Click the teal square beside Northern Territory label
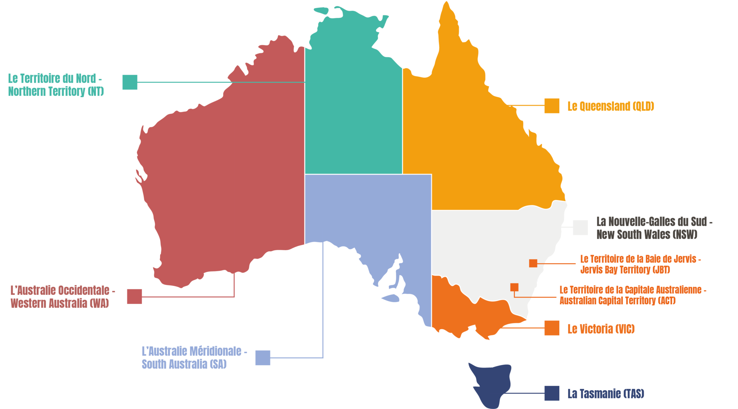(130, 82)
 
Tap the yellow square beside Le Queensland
(552, 106)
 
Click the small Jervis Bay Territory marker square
(533, 263)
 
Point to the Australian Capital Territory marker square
(514, 287)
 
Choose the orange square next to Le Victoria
(552, 328)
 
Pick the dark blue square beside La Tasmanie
(552, 393)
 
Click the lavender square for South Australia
(263, 358)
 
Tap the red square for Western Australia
(134, 296)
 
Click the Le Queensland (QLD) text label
(610, 106)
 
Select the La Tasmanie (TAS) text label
(605, 394)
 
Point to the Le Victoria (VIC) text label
(601, 329)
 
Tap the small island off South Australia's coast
(391, 298)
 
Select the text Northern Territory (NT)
(56, 91)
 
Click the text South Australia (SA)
(184, 364)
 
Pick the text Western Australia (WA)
(59, 303)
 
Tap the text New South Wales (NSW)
(646, 234)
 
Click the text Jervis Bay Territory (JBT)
(625, 270)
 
